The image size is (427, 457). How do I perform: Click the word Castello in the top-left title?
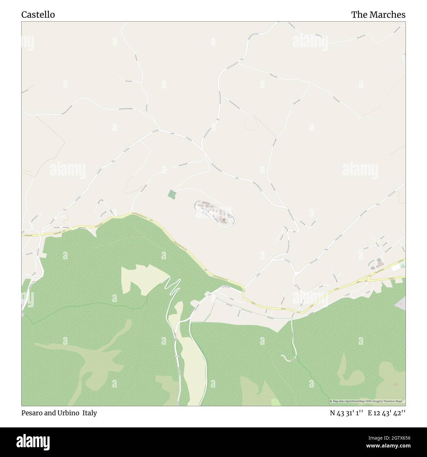38,15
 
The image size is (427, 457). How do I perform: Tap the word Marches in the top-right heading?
389,15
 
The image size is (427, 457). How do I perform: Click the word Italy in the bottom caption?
90,413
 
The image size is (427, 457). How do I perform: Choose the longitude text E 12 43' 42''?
387,413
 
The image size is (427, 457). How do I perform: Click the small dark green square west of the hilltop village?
172,194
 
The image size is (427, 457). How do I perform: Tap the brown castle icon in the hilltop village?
224,219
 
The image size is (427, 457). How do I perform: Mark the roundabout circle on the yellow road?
366,279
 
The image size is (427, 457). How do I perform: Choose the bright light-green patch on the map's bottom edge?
276,402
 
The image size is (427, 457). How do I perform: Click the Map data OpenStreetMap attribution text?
367,401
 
